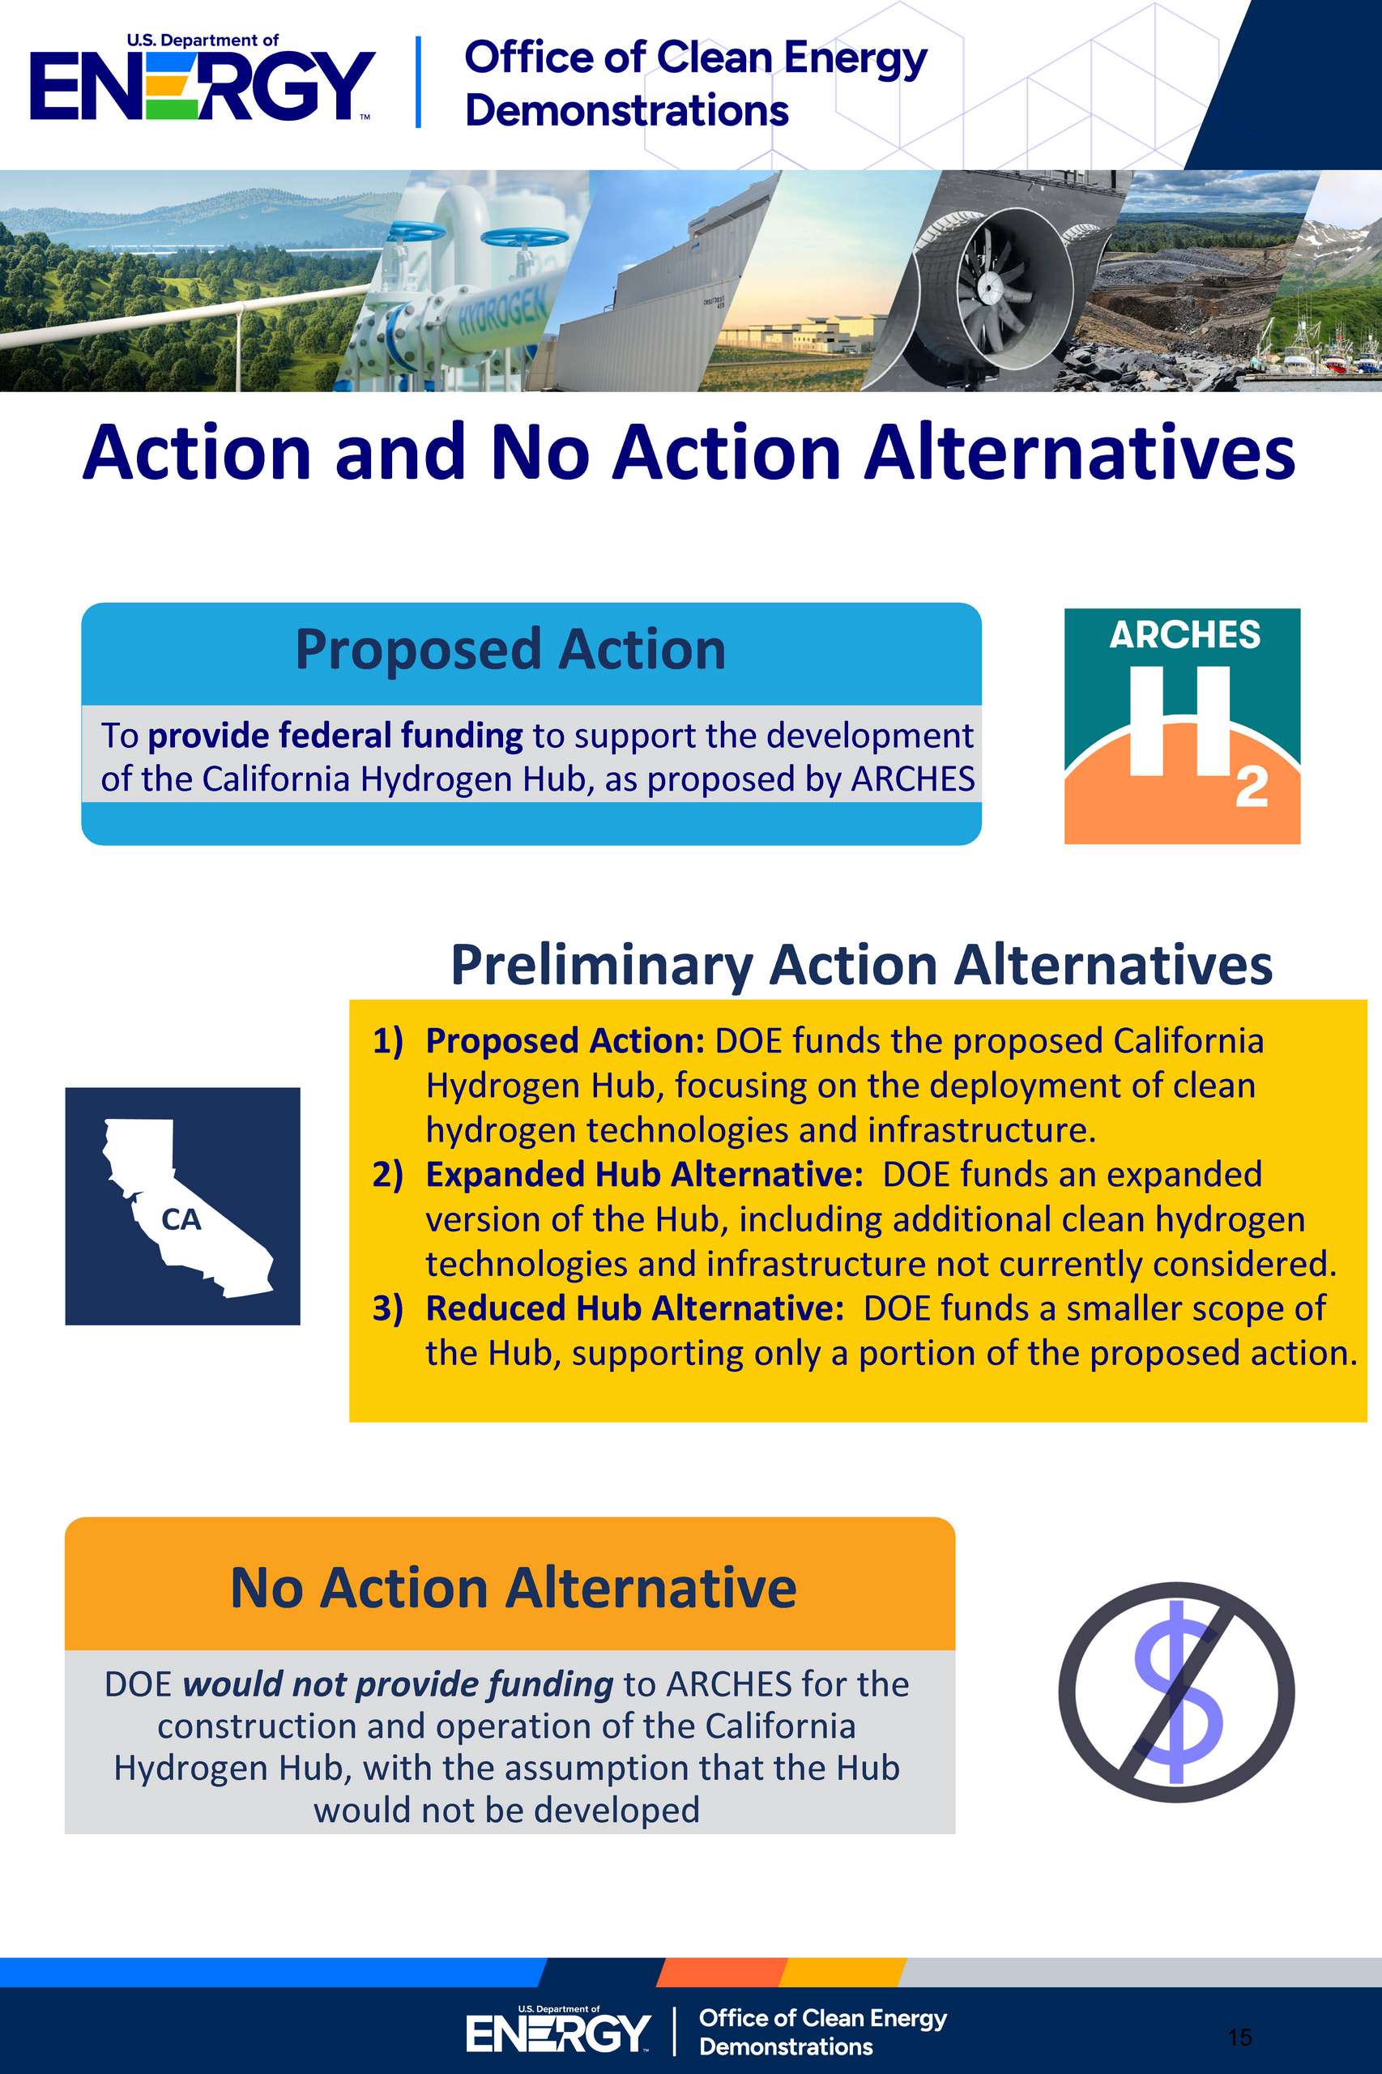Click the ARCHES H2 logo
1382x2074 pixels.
coord(1182,726)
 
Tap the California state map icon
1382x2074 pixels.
coord(182,1206)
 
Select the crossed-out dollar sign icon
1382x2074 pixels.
coord(1176,1692)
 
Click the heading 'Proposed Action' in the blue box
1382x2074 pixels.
coord(510,651)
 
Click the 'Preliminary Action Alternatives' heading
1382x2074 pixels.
coord(861,965)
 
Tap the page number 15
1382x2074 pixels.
coord(1239,2037)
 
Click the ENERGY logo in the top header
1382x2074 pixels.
coord(203,79)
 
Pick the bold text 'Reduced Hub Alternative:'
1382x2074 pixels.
coord(634,1309)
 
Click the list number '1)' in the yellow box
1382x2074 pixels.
coord(388,1041)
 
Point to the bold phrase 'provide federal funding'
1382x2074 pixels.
coord(335,736)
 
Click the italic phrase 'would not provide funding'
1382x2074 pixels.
coord(398,1684)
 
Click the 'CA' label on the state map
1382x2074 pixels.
coord(181,1220)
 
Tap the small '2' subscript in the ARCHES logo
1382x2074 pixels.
coord(1252,788)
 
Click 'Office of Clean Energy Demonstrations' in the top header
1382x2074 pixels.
coord(695,83)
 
